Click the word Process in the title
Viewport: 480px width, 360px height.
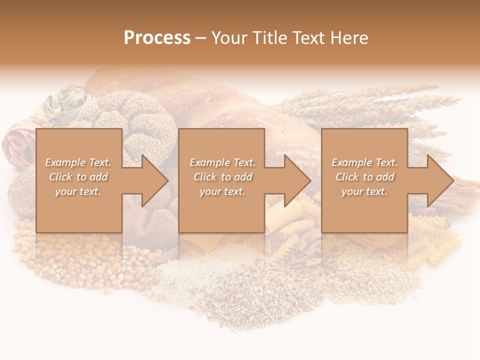pos(157,38)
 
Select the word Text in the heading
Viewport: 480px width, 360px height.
pos(309,38)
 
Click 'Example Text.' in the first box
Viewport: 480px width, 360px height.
pos(78,162)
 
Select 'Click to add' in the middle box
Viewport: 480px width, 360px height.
pos(222,177)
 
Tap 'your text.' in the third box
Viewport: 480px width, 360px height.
pos(364,191)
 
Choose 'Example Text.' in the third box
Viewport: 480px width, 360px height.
pos(364,162)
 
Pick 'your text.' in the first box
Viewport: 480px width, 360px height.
pos(78,191)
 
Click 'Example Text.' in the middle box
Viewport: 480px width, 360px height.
pos(222,162)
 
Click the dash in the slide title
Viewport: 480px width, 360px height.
pos(200,38)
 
